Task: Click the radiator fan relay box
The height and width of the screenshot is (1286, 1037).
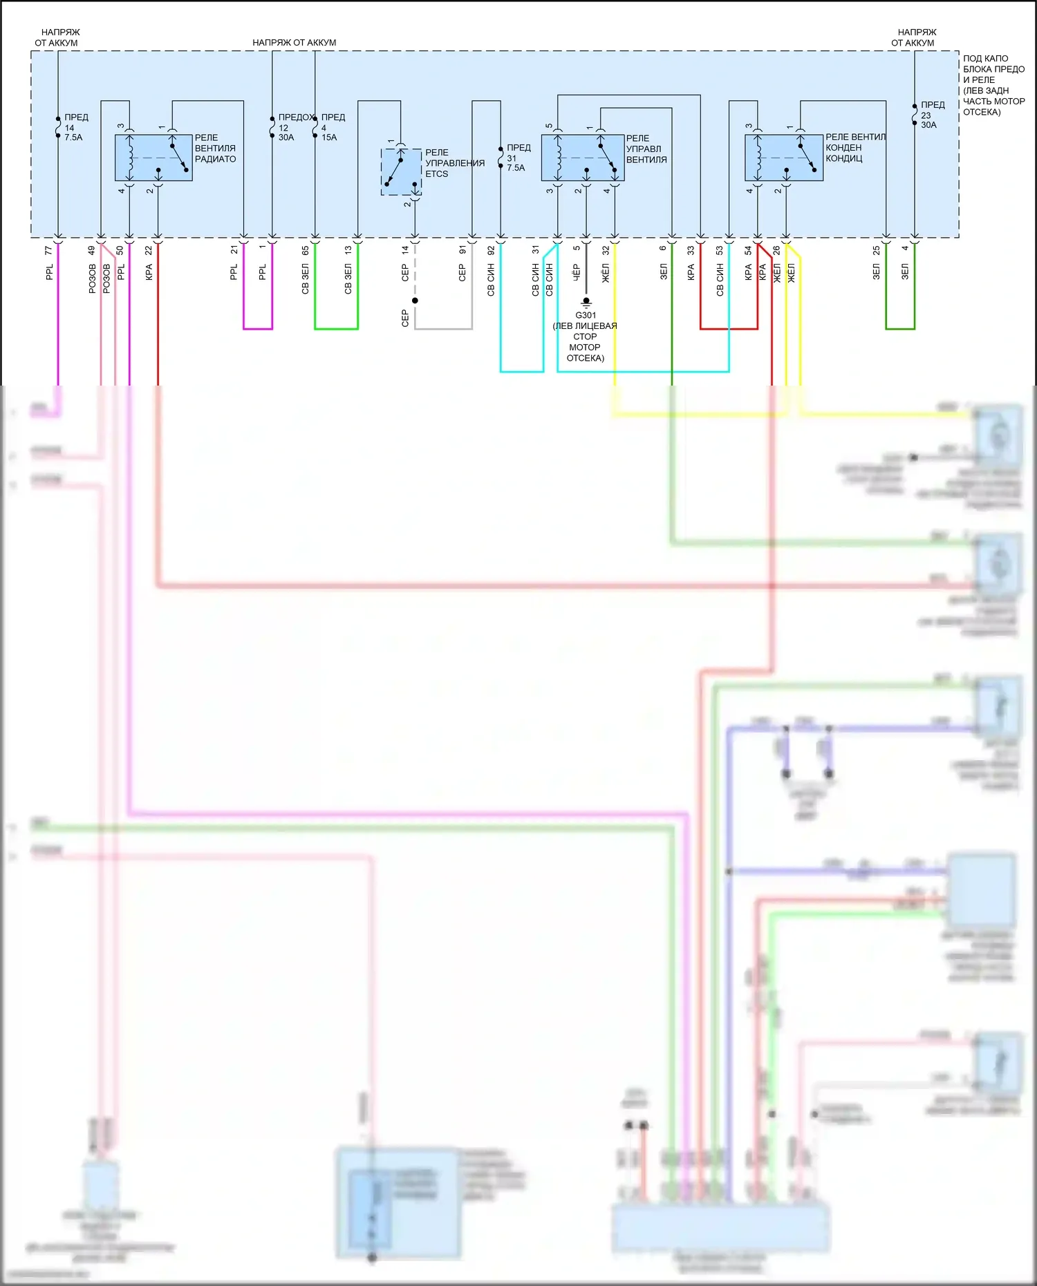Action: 153,158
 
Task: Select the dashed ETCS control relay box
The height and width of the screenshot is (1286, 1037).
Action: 401,171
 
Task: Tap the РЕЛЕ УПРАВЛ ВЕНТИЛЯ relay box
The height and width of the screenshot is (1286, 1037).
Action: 582,158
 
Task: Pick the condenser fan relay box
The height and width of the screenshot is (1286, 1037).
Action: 783,158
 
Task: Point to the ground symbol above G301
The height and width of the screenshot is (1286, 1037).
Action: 586,302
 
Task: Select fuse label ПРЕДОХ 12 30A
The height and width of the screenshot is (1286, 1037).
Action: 293,127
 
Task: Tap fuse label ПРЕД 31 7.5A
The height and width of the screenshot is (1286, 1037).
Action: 518,158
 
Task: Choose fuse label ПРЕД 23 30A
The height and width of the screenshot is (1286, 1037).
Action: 932,115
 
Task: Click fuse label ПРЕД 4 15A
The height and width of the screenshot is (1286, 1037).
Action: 333,127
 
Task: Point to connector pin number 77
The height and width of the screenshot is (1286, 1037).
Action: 48,250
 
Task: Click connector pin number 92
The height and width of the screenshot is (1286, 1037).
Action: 491,250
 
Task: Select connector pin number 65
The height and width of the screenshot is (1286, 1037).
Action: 306,250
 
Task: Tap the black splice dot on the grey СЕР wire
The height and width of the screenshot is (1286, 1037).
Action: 415,301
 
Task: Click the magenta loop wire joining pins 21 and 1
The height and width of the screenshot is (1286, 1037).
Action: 258,328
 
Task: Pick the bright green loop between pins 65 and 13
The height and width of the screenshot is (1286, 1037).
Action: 336,328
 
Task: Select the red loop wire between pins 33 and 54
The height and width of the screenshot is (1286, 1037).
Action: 729,328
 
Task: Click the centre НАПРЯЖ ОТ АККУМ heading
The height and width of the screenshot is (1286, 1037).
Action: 294,43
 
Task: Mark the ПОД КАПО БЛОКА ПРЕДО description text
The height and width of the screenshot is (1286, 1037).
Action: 993,85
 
